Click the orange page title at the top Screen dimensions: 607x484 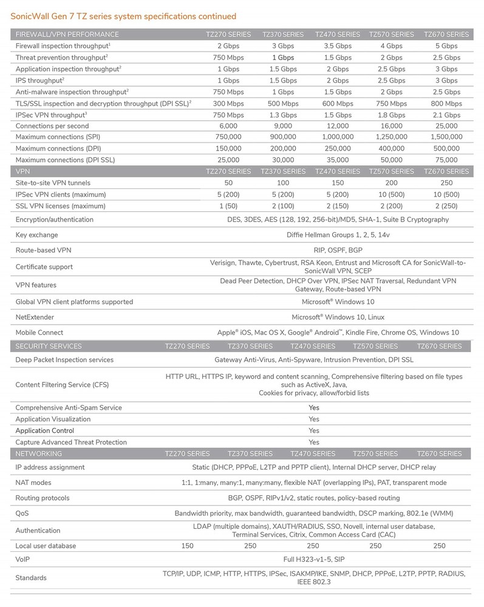[x=124, y=16]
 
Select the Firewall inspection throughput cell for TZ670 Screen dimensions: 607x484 [x=446, y=46]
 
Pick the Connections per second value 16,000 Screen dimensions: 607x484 [x=391, y=126]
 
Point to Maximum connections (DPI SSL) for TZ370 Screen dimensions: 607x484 [x=282, y=160]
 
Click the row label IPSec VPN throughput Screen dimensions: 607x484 [x=51, y=115]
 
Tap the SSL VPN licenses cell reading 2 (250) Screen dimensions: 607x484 [x=446, y=206]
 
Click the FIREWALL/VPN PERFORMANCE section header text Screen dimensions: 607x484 [x=67, y=35]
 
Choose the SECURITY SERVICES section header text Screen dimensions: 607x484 [x=49, y=346]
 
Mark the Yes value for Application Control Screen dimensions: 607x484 [x=313, y=430]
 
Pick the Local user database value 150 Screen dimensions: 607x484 [x=188, y=546]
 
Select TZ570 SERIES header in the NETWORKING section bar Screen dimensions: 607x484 [x=375, y=453]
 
